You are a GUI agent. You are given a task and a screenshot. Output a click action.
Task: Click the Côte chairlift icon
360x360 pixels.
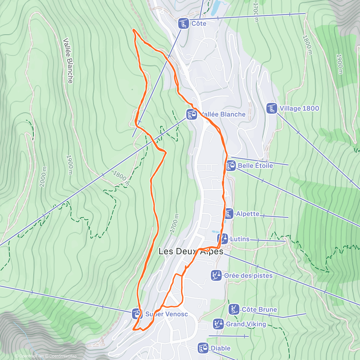[183, 23]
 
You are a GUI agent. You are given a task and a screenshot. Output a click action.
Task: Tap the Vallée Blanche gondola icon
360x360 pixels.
[191, 114]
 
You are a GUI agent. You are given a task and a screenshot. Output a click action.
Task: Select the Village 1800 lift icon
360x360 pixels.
[272, 108]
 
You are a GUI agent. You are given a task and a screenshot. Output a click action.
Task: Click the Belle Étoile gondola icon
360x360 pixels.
[231, 166]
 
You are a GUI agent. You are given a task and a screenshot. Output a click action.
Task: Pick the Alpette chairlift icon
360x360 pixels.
[229, 214]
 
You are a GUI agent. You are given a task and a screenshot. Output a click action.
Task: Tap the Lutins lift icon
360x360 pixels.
[223, 239]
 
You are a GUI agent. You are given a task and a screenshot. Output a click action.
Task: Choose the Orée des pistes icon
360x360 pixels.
[216, 275]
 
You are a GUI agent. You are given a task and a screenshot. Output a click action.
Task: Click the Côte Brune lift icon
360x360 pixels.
[233, 309]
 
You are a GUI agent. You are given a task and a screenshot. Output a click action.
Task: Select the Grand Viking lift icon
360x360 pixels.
[218, 324]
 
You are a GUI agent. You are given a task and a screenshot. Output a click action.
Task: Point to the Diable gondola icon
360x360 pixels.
[203, 348]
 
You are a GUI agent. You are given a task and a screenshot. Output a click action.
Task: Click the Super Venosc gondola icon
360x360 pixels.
[137, 314]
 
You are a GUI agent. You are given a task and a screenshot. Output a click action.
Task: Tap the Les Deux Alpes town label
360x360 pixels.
[191, 251]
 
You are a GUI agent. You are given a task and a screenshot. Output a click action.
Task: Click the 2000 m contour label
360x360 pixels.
[43, 177]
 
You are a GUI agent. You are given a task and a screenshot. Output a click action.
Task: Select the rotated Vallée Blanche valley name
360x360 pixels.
[68, 61]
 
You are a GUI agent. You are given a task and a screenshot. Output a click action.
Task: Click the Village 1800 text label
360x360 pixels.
[299, 108]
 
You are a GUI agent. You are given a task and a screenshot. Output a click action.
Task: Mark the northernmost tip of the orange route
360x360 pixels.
[133, 29]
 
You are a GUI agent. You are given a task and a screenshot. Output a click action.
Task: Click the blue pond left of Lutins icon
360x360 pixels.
[214, 232]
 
